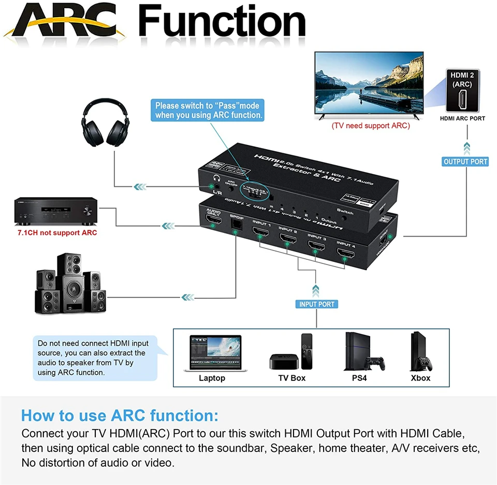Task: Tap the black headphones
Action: coord(106,125)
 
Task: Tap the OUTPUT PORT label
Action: coord(465,161)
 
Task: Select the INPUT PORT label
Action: coord(317,304)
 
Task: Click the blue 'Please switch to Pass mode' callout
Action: coord(208,110)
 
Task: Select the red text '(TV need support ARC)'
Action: coord(371,126)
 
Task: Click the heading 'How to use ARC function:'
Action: coord(120,416)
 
